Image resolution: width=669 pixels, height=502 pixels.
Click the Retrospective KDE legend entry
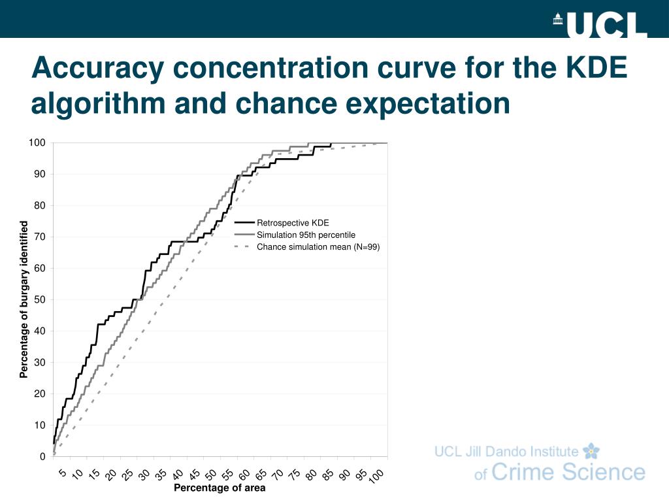tap(293, 223)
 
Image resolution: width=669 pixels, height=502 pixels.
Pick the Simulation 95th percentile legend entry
tap(306, 235)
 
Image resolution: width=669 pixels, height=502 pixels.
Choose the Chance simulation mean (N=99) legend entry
tap(318, 246)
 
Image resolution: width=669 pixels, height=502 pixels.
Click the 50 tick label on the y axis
tap(39, 299)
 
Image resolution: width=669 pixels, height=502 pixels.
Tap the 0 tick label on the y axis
tap(42, 456)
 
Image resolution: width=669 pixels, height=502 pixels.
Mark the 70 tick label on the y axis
tap(39, 237)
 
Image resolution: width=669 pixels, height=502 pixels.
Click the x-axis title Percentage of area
tap(220, 488)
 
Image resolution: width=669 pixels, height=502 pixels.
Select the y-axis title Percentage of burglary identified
tap(24, 299)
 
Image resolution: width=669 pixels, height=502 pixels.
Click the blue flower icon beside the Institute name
tap(591, 450)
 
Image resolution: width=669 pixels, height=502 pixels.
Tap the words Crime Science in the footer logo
tap(568, 473)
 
